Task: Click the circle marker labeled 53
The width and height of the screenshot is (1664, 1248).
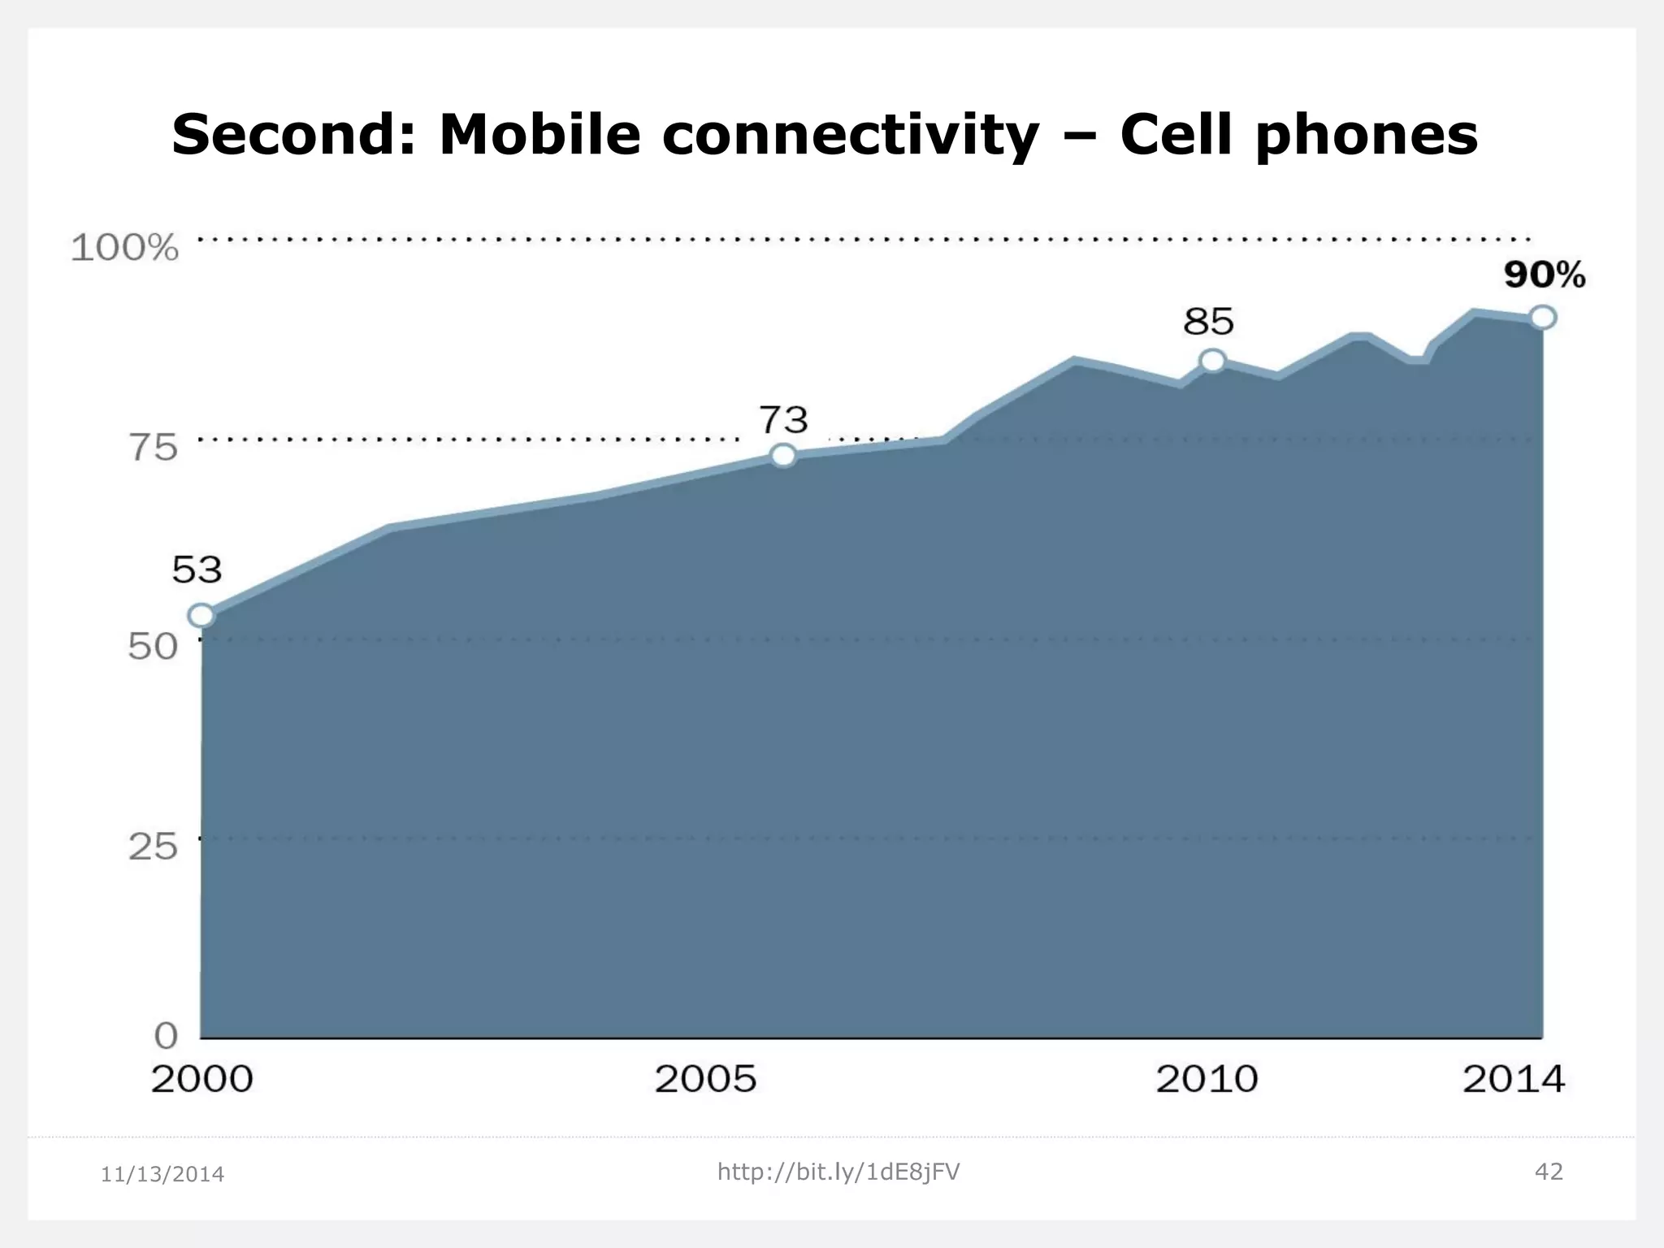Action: coord(201,616)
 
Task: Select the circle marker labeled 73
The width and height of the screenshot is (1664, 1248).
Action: coord(783,455)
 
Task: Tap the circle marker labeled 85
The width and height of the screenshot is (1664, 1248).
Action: coord(1212,361)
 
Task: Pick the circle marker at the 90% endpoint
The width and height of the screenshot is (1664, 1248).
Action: coord(1543,318)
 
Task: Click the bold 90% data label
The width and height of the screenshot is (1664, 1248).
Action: coord(1544,275)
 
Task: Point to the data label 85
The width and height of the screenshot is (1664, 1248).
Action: coord(1208,323)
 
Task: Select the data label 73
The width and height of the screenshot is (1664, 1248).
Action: coord(784,420)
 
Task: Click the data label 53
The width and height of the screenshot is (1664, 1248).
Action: coord(197,570)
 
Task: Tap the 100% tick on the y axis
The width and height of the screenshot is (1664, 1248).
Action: coord(124,248)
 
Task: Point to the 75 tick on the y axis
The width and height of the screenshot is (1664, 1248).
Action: coord(153,448)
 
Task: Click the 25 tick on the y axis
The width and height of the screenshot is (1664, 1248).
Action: coord(153,847)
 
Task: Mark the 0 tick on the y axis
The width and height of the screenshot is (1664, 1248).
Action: coord(166,1036)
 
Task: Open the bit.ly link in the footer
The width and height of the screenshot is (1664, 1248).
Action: coord(838,1172)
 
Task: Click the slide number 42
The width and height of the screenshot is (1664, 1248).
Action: coord(1549,1172)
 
